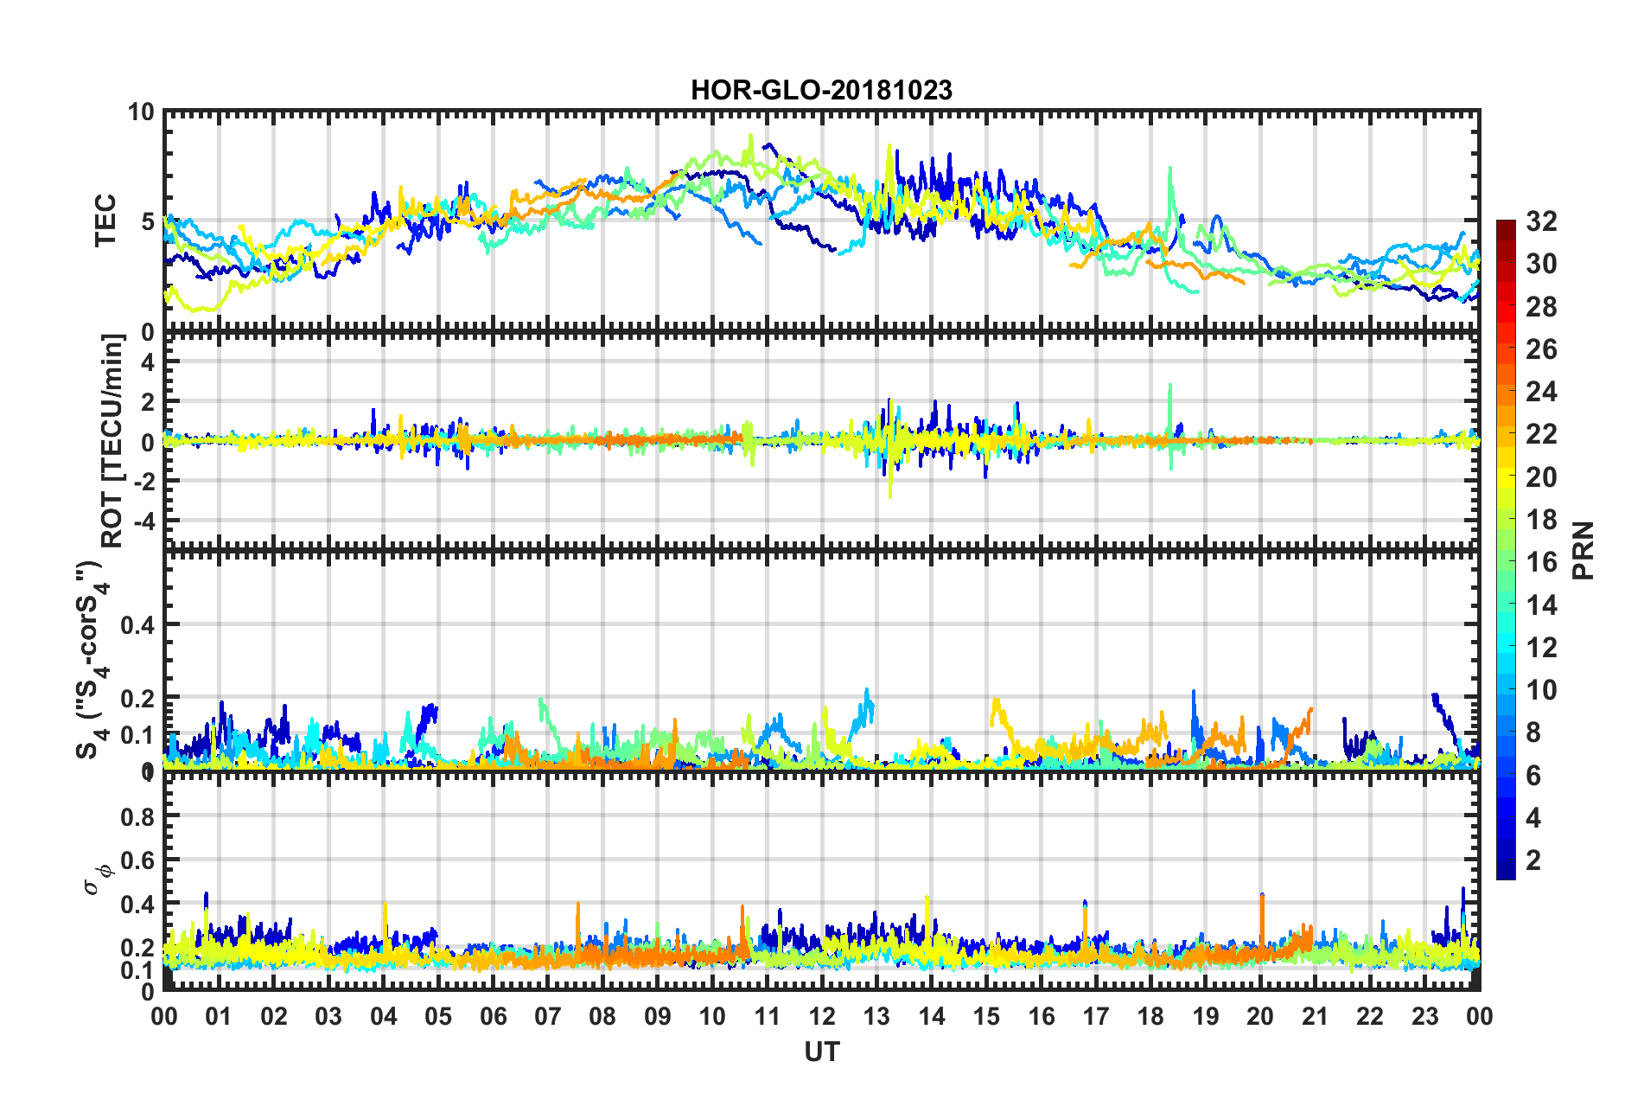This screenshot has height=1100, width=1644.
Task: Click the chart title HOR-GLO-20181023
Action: click(821, 90)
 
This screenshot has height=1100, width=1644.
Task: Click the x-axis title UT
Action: click(821, 1052)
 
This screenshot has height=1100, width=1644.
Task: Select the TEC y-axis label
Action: click(105, 221)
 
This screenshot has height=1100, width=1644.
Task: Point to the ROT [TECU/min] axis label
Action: click(112, 441)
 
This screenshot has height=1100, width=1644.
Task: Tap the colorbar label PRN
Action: click(1583, 551)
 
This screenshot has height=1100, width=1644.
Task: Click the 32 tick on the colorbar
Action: click(1541, 221)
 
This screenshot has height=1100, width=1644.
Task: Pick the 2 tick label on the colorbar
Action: click(1533, 860)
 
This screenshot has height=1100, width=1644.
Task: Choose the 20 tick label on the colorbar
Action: click(1541, 476)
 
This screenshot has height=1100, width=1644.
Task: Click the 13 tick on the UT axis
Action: click(876, 1016)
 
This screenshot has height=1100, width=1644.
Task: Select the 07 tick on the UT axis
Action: click(548, 1016)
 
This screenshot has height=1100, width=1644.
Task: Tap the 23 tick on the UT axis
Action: click(1424, 1016)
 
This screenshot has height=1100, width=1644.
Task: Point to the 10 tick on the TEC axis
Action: click(141, 112)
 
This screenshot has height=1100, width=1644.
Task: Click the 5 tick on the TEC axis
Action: click(148, 222)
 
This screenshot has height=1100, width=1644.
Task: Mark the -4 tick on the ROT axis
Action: click(141, 521)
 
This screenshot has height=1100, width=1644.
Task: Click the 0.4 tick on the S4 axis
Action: click(137, 624)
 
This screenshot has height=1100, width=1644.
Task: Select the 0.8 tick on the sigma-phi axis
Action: click(137, 816)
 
